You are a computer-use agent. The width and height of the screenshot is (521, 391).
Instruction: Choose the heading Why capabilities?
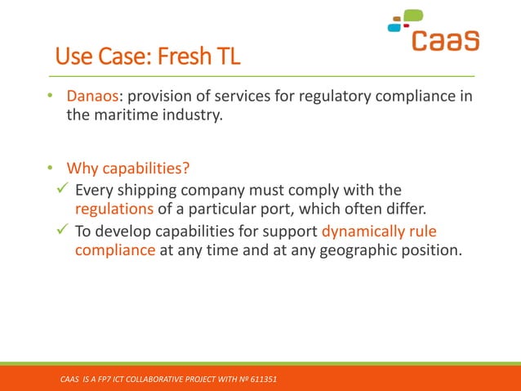tap(128, 169)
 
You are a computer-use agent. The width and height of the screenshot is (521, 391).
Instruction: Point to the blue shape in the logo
tap(394, 27)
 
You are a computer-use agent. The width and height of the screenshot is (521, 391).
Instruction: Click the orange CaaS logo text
tap(444, 39)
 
